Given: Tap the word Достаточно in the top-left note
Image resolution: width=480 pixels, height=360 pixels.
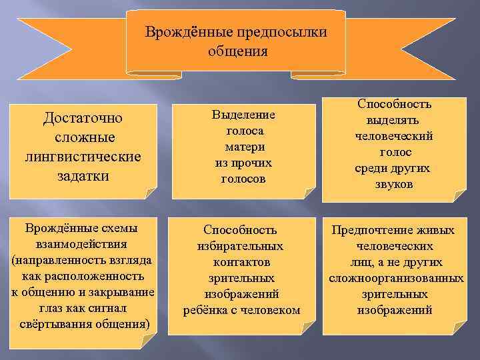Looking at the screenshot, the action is click(x=83, y=119).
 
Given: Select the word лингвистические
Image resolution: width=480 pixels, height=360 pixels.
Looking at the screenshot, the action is click(x=83, y=157).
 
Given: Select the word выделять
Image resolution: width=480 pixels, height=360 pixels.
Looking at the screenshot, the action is click(x=395, y=120).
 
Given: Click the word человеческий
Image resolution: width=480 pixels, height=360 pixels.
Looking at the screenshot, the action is click(x=395, y=136).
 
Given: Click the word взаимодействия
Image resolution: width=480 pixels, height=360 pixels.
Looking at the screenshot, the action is click(x=83, y=244).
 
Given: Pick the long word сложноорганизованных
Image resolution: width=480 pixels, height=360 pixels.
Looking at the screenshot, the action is click(x=396, y=278).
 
